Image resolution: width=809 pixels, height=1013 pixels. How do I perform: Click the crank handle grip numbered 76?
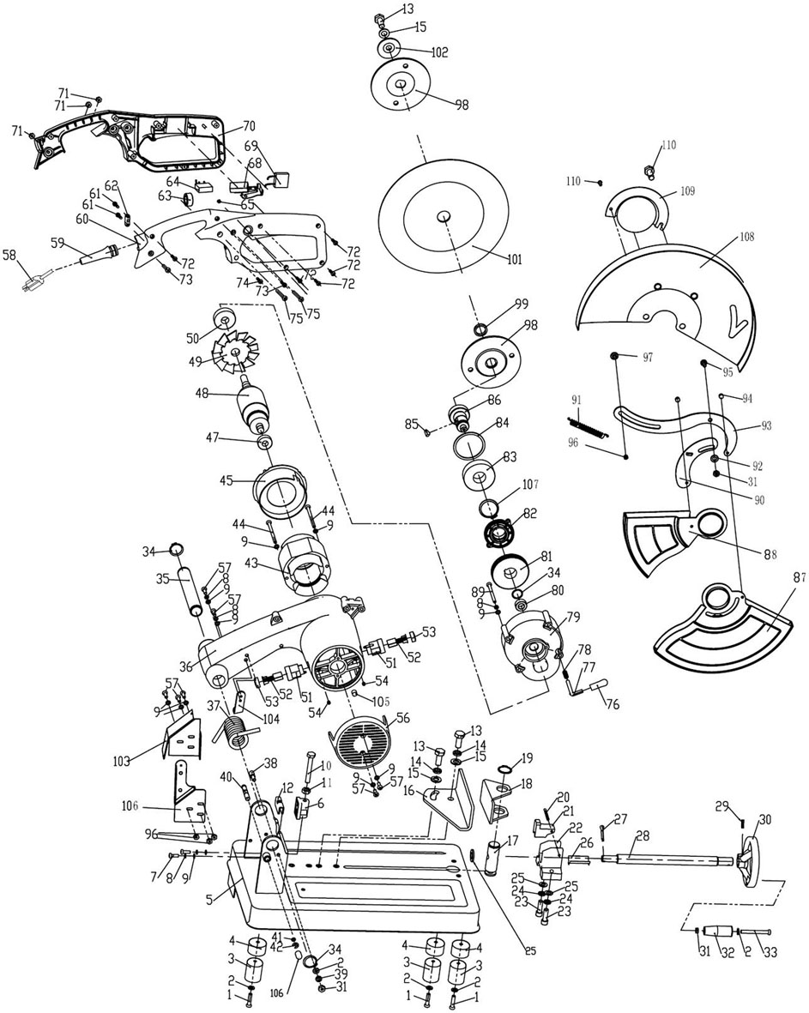pos(601,682)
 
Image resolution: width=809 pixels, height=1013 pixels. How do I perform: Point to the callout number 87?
pos(799,578)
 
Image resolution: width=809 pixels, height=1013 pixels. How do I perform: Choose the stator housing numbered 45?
pos(279,494)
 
